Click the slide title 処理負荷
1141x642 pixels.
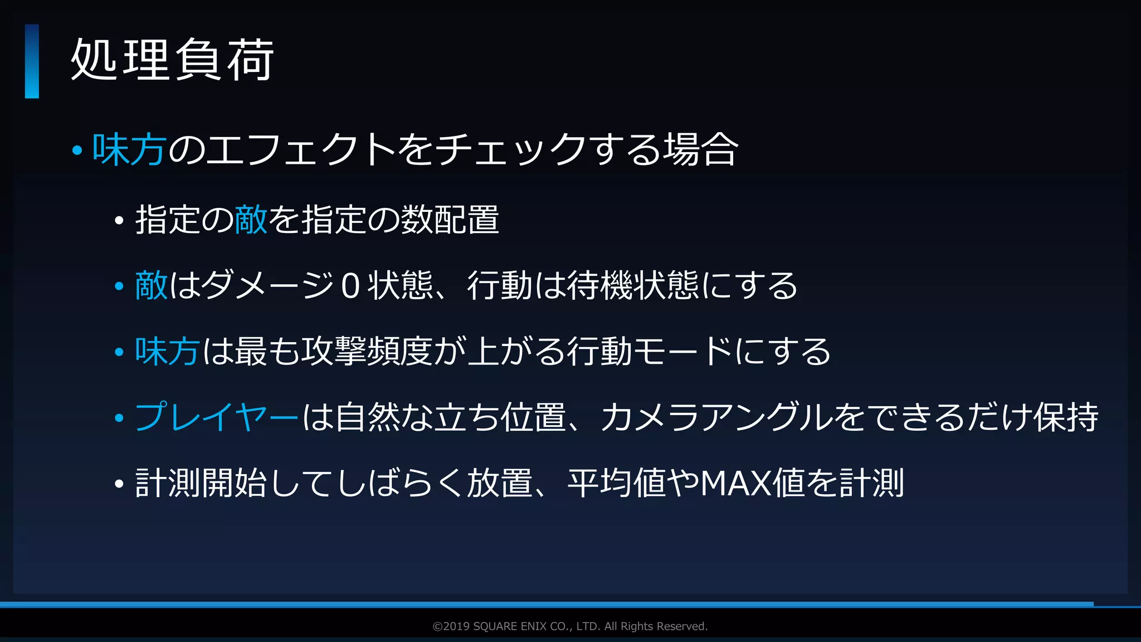[172, 60]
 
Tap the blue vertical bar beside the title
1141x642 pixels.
[32, 61]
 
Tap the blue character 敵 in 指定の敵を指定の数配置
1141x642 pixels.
[251, 220]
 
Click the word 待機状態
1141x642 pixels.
[633, 285]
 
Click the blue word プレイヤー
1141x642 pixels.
[217, 417]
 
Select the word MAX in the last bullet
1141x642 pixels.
[736, 483]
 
